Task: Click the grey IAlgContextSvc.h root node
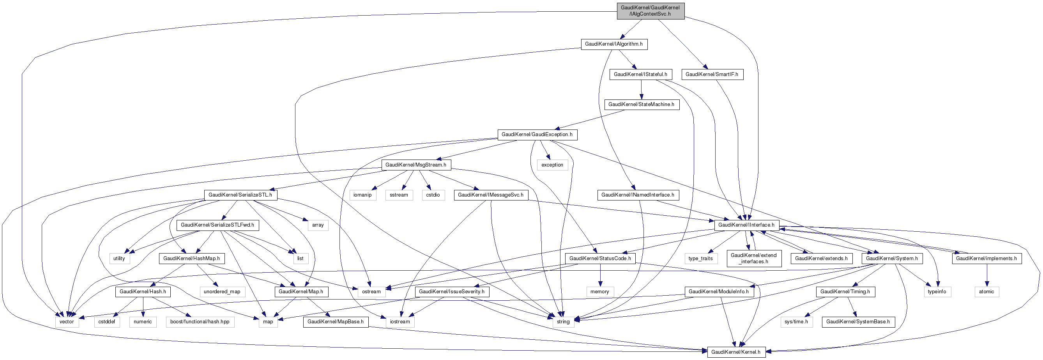point(650,11)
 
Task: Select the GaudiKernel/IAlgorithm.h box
point(614,44)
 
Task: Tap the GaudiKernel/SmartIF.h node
point(712,74)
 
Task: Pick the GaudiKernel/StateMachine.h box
point(641,105)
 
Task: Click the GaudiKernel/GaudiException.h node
point(537,135)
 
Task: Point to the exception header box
point(552,165)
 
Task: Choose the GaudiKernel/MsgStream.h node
point(416,165)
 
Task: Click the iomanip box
point(362,195)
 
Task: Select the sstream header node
point(399,195)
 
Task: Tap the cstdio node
point(433,195)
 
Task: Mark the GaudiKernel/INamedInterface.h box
point(638,195)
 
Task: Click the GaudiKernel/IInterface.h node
point(746,225)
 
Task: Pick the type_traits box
point(700,258)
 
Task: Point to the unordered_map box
point(222,292)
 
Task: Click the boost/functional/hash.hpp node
point(200,322)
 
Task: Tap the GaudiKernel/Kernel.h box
point(736,352)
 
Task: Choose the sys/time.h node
point(796,322)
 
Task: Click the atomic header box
point(986,292)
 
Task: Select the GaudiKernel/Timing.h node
point(845,292)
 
